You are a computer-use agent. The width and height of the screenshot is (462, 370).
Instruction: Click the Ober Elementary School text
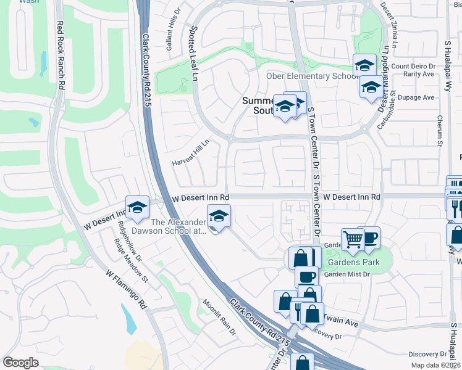coord(311,76)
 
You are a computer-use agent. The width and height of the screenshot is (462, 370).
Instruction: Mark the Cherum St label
coord(440,131)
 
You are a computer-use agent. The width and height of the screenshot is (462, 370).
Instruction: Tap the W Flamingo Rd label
coord(125,289)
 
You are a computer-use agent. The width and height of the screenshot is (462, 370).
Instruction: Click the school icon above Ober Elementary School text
coord(364,65)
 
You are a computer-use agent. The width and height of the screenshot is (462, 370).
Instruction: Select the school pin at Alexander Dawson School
coord(217,216)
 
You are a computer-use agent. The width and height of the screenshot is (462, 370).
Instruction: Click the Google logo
coord(20,362)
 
